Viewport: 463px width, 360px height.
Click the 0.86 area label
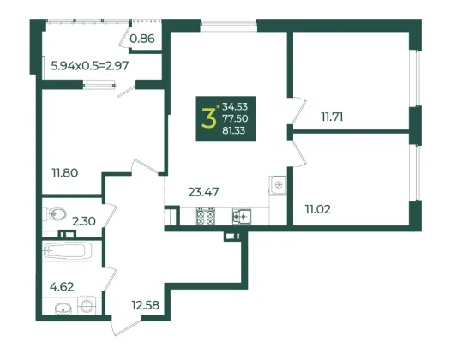tap(142, 39)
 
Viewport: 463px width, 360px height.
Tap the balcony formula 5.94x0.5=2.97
tap(90, 65)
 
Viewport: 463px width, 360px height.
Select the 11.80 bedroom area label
tap(65, 172)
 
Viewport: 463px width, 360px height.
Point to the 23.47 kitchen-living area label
tap(203, 192)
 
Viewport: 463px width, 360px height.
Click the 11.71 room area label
tap(332, 117)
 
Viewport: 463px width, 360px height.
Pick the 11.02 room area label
tap(318, 209)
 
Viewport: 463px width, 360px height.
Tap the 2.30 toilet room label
tap(84, 221)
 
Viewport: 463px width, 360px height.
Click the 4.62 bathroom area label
tap(62, 286)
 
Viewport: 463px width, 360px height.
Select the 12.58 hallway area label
tap(146, 305)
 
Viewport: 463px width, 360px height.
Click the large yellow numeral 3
tap(208, 118)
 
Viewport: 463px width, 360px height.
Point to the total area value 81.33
tap(234, 130)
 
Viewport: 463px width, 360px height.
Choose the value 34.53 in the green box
tap(235, 106)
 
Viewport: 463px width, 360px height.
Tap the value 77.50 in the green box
tap(235, 118)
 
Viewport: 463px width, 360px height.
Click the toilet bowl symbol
tap(55, 213)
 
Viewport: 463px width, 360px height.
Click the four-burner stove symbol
tap(206, 217)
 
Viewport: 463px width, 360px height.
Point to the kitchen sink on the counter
tap(242, 217)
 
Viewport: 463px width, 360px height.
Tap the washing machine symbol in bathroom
tap(87, 305)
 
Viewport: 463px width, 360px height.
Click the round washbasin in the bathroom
tap(63, 309)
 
